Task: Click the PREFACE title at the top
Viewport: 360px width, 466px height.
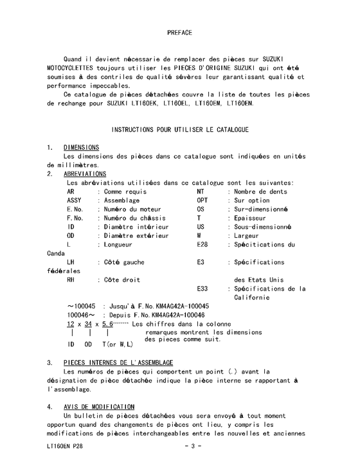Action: point(179,31)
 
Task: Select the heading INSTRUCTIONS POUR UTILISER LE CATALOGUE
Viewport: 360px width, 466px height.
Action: point(180,130)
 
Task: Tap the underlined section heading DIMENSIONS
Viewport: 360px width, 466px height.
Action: point(81,147)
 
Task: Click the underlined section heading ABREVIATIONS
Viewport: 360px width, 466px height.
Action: point(85,174)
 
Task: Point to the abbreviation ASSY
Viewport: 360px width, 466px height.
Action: point(75,201)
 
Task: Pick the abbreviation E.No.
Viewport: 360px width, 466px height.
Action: point(75,210)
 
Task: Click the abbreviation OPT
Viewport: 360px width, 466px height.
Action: point(203,201)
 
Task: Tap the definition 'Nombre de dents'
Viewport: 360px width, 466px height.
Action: point(261,192)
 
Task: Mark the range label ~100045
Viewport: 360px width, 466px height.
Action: point(81,307)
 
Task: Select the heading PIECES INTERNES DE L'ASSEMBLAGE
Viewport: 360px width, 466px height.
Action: point(118,363)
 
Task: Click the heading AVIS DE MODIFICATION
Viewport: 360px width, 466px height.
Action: point(99,407)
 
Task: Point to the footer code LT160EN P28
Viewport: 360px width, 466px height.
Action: point(64,445)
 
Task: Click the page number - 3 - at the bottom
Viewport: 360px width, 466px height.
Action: point(193,445)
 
